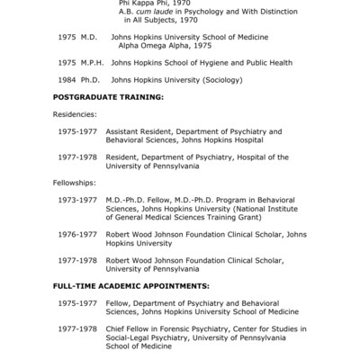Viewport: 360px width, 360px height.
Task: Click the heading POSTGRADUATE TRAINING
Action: (x=108, y=95)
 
